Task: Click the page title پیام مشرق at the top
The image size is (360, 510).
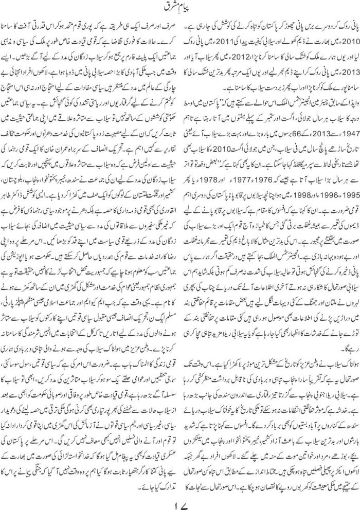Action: pos(179,8)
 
